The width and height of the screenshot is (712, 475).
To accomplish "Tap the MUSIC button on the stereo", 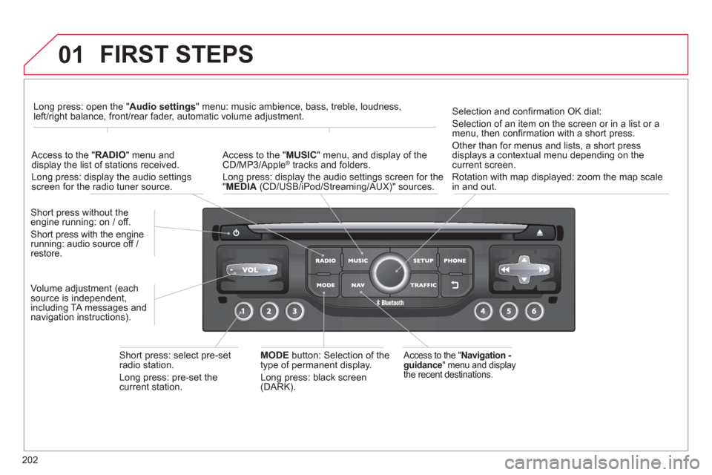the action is (357, 261).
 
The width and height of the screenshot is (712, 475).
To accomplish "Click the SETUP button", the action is (423, 261).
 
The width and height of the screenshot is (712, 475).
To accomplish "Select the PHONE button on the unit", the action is (455, 261).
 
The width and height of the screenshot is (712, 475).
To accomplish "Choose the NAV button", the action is (357, 285).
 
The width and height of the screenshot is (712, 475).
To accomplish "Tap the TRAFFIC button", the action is (423, 285).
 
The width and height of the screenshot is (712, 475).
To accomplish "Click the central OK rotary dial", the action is (390, 272).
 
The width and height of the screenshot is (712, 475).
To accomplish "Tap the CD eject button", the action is (539, 233).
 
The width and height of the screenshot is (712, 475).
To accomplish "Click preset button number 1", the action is (243, 312).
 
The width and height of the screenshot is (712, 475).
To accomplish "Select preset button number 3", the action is (294, 312).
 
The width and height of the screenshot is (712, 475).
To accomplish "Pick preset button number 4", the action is (483, 312).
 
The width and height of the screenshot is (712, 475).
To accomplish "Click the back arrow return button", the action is (455, 285).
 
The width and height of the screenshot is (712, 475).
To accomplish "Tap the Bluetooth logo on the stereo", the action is (389, 303).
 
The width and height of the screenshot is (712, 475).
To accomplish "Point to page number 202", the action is (30, 460).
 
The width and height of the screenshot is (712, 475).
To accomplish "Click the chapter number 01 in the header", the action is (71, 55).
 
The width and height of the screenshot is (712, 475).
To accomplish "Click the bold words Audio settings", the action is (162, 106).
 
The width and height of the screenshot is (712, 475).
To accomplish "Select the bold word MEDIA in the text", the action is (241, 187).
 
